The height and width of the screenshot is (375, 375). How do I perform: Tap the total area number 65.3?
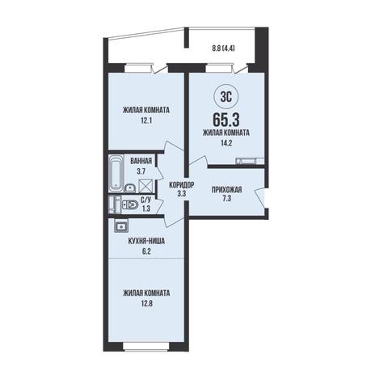(x=226, y=120)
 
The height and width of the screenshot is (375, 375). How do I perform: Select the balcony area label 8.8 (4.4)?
(x=223, y=48)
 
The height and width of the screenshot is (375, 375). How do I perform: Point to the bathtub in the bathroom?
(x=116, y=173)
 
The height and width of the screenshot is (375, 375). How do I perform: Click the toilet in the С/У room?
(x=129, y=205)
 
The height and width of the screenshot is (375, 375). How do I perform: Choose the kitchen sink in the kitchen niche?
(x=121, y=225)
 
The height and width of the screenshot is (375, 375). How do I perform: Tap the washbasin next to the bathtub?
(x=130, y=187)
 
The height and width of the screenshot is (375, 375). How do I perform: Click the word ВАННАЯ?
(x=141, y=161)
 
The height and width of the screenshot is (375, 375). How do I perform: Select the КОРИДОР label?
(x=182, y=185)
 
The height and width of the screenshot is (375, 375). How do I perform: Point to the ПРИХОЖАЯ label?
(x=226, y=190)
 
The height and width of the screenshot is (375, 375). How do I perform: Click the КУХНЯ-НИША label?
(x=146, y=241)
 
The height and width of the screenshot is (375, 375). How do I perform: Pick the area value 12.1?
(x=146, y=120)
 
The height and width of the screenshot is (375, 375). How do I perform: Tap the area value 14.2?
(x=226, y=143)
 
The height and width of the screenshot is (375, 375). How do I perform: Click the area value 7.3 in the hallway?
(x=226, y=200)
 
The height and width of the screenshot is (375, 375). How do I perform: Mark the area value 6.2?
(x=146, y=251)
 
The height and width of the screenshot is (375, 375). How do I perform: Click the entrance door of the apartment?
(x=260, y=198)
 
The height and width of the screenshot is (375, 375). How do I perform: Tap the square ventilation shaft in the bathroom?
(x=145, y=186)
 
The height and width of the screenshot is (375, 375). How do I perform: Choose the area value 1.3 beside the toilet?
(x=145, y=209)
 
